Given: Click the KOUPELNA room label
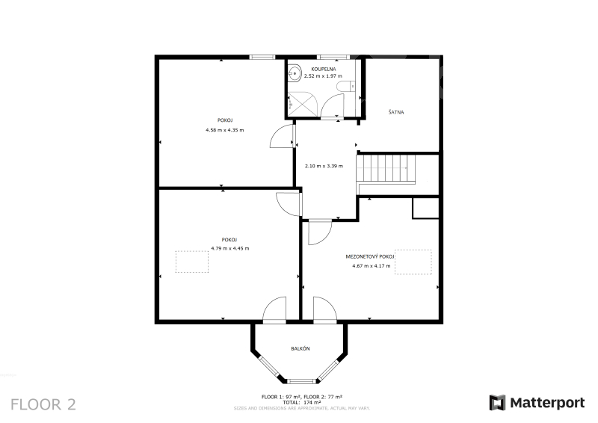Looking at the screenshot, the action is coord(324,69).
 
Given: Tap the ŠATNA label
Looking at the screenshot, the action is coord(396,112).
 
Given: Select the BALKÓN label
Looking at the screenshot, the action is coord(300,348).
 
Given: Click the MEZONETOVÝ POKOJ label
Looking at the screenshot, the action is coord(369,256).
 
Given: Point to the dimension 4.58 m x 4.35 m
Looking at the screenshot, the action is coord(225,130).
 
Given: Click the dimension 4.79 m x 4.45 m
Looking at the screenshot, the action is coord(230,248).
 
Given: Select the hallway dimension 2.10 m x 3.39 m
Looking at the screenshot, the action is coord(324,166).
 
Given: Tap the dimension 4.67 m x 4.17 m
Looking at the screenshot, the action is coord(371,266).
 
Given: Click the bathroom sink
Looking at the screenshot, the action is coord(294,72).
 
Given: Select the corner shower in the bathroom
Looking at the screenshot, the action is coord(303,104).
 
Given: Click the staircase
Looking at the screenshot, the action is coord(385,169).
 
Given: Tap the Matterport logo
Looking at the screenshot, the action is coord(537,403).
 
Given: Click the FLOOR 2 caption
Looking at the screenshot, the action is coord(43,405).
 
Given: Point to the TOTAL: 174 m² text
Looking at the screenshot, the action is coord(301,402).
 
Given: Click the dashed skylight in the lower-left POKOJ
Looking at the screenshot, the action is coord(192,262).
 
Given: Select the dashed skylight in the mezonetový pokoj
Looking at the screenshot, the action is coord(413,262).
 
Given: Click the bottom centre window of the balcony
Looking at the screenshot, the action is coord(302,380).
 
